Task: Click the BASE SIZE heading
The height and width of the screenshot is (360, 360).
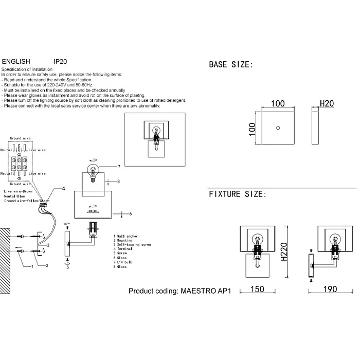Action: pyautogui.click(x=230, y=65)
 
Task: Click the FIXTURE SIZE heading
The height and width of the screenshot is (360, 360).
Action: pyautogui.click(x=237, y=194)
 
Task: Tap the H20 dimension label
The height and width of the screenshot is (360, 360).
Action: pyautogui.click(x=327, y=103)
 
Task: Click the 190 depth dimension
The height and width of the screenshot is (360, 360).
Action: pyautogui.click(x=330, y=290)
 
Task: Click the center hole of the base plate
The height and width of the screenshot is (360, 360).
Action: pyautogui.click(x=278, y=127)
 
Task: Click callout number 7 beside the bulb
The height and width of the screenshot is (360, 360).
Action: pyautogui.click(x=118, y=167)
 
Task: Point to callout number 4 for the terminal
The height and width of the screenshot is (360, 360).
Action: pyautogui.click(x=63, y=189)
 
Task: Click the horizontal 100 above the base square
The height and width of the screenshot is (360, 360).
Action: pyautogui.click(x=278, y=103)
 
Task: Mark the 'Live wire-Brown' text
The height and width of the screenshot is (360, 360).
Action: pyautogui.click(x=19, y=191)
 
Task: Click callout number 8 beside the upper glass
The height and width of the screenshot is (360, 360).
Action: pyautogui.click(x=118, y=181)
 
